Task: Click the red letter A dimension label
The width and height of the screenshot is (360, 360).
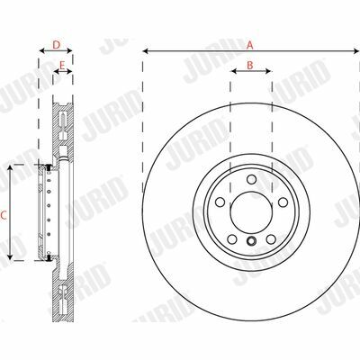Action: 250,45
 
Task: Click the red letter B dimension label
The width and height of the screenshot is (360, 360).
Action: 250,65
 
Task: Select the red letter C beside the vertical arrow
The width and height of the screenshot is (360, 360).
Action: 4,215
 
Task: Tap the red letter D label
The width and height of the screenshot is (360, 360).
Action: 57,45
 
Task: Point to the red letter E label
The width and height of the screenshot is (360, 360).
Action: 62,65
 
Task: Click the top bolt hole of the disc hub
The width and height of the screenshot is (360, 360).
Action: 251,179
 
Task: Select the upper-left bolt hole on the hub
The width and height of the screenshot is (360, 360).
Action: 220,202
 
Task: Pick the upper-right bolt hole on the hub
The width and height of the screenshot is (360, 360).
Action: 283,202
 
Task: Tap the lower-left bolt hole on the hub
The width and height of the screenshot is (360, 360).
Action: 232,239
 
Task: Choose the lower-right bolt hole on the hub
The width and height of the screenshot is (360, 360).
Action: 271,239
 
